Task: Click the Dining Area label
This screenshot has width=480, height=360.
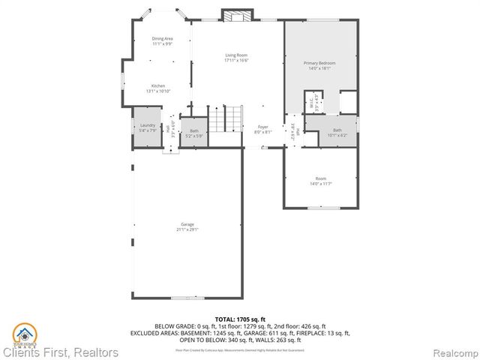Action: [x=163, y=38]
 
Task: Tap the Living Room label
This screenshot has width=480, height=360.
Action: [x=236, y=55]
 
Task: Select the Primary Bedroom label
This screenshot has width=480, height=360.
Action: [x=319, y=62]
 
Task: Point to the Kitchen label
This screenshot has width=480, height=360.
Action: [x=158, y=85]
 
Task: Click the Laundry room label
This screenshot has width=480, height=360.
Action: [x=147, y=126]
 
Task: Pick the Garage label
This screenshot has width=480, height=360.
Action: [x=187, y=224]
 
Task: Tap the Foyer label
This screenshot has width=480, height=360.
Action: [x=263, y=127]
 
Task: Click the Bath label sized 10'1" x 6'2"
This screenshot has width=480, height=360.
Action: [x=337, y=130]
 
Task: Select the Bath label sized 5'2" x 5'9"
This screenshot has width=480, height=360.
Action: [x=194, y=130]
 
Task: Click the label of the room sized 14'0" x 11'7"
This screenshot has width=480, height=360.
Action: [x=321, y=178]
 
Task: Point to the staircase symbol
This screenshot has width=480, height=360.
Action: [x=226, y=119]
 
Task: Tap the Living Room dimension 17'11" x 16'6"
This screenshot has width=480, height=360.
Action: [x=236, y=60]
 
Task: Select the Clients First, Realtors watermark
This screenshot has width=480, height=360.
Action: [x=60, y=352]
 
